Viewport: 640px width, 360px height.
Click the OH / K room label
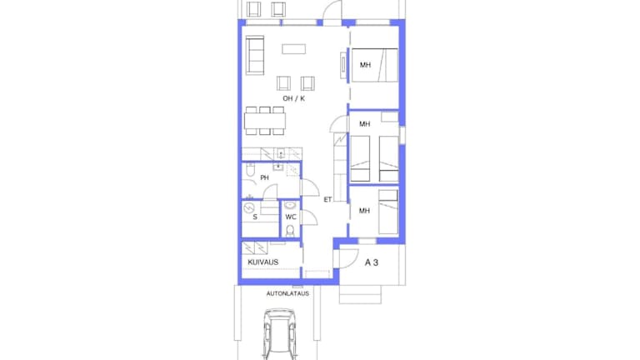[293, 98]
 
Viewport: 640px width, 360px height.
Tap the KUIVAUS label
[262, 262]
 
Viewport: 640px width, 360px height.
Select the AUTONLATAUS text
[287, 293]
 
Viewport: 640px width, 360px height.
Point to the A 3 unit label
[372, 262]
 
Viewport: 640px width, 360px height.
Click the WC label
[291, 217]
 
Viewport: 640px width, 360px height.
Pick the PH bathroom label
[264, 177]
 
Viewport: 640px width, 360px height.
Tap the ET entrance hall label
[327, 200]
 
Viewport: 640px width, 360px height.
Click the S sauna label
[255, 217]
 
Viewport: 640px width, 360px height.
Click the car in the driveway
[280, 334]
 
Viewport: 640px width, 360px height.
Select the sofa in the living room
[255, 55]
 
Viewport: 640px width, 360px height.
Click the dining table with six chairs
[265, 121]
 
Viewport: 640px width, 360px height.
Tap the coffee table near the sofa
[294, 49]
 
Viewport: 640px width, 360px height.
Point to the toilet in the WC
[290, 231]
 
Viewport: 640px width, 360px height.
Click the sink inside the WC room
[290, 205]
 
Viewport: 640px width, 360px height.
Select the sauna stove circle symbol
[248, 208]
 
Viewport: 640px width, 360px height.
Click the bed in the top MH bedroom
[375, 65]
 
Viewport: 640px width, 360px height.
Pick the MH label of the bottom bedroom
[364, 211]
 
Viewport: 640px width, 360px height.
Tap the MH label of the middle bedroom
[364, 123]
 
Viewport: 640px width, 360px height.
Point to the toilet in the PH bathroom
[250, 170]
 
